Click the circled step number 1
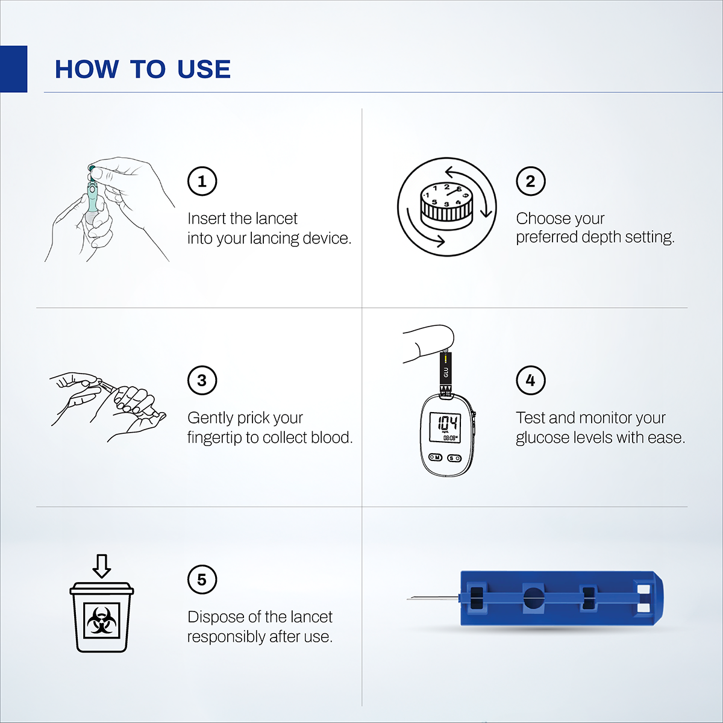[x=202, y=181]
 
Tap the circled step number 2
[x=530, y=181]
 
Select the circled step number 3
[x=202, y=380]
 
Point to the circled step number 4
[x=530, y=380]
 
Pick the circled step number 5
[x=202, y=580]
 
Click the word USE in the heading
[x=204, y=69]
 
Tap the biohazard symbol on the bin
[x=101, y=621]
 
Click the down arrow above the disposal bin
[x=101, y=566]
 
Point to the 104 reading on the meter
[x=447, y=422]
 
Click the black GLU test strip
[x=446, y=371]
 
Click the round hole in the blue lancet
[x=533, y=598]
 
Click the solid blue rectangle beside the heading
[x=13, y=69]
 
